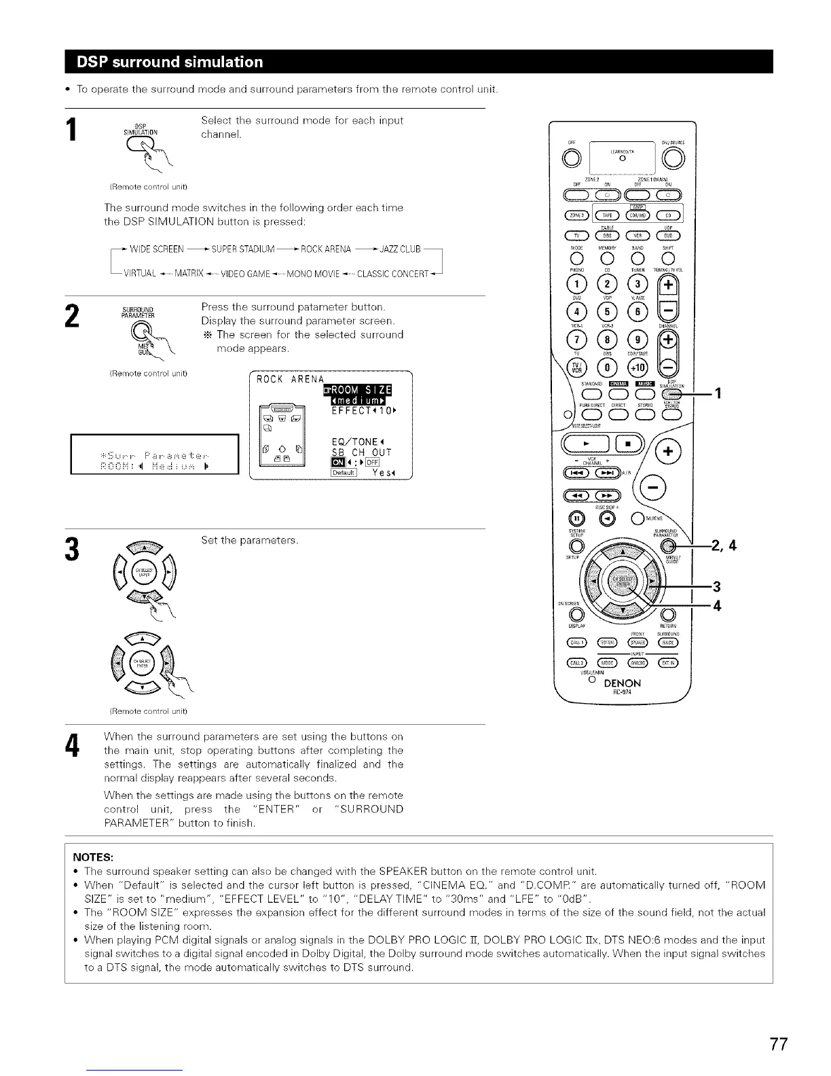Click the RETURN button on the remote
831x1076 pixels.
(x=667, y=616)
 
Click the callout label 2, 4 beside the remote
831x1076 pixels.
(x=724, y=545)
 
